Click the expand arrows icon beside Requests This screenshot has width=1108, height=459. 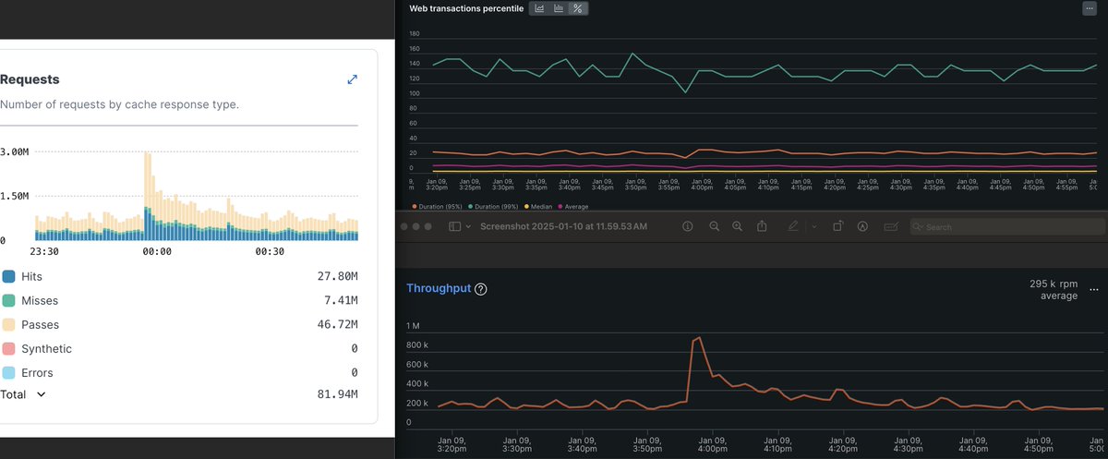[352, 79]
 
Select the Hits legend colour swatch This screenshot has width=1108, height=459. [9, 276]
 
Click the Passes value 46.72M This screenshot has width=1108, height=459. [337, 325]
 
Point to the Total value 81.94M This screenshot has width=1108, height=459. [337, 394]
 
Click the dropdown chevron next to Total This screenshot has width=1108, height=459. [41, 394]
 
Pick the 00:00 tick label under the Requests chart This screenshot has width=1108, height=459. [157, 251]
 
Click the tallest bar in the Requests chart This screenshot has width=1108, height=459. [147, 194]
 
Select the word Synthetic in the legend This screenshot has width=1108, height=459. [46, 349]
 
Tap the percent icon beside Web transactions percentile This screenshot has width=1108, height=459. [578, 8]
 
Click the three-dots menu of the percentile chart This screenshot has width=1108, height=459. [1090, 8]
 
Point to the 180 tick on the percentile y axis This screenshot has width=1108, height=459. [414, 34]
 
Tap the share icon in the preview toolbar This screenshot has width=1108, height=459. [762, 226]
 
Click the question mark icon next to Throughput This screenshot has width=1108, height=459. [481, 289]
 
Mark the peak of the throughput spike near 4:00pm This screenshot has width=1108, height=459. [699, 338]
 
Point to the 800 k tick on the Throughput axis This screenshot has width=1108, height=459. [417, 345]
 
